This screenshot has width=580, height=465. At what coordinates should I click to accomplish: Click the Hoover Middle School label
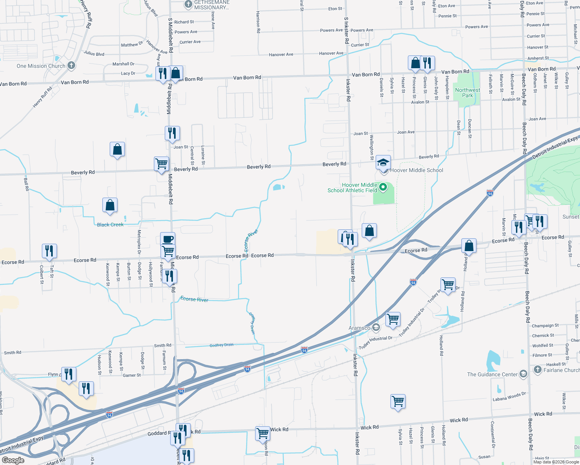(416, 170)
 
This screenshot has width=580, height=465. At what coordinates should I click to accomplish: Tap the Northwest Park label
(468, 93)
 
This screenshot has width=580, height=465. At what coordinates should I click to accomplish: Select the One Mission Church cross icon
(71, 65)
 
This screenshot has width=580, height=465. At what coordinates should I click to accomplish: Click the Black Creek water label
(110, 225)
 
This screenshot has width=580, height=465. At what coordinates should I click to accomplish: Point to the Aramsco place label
(359, 328)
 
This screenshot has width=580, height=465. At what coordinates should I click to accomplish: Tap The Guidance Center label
(492, 374)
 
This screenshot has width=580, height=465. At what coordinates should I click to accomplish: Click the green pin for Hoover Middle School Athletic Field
(383, 187)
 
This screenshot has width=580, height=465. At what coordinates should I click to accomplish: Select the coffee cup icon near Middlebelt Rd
(168, 239)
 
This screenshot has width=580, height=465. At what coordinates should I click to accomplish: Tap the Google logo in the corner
(13, 460)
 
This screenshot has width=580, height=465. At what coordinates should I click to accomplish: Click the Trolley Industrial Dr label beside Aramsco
(376, 343)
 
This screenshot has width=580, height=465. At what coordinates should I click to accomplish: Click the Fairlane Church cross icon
(537, 370)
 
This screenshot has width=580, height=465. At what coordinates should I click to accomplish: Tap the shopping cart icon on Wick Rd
(262, 432)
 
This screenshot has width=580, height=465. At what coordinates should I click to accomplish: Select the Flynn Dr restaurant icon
(69, 374)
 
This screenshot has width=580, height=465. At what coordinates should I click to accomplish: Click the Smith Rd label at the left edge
(12, 353)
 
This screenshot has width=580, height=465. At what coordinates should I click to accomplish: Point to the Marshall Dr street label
(123, 64)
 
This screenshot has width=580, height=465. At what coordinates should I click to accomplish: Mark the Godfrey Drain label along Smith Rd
(221, 345)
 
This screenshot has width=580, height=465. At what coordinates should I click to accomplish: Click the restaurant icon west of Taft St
(49, 251)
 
